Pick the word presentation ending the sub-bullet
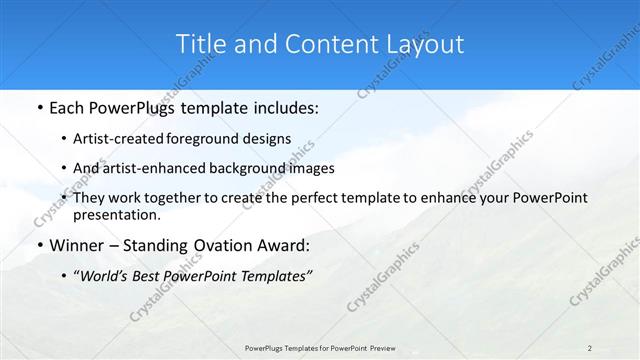point(117,214)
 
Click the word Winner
point(77,246)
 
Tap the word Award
point(282,246)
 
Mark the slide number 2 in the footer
point(590,347)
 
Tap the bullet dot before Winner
point(38,246)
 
